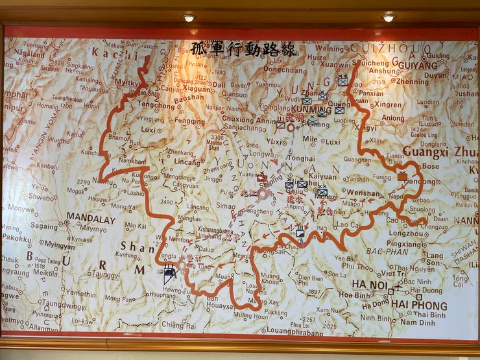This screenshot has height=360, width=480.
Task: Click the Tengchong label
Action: (x=155, y=105)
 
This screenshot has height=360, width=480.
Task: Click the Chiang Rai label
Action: (x=177, y=324)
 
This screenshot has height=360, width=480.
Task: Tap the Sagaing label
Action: (x=44, y=227)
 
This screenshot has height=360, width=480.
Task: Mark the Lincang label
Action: (x=187, y=162)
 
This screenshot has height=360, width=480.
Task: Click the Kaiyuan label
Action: (x=322, y=176)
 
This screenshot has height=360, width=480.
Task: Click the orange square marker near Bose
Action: (x=402, y=176)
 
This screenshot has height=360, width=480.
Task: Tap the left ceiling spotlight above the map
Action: (x=189, y=18)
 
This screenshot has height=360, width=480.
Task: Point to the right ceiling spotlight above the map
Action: (x=389, y=17)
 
